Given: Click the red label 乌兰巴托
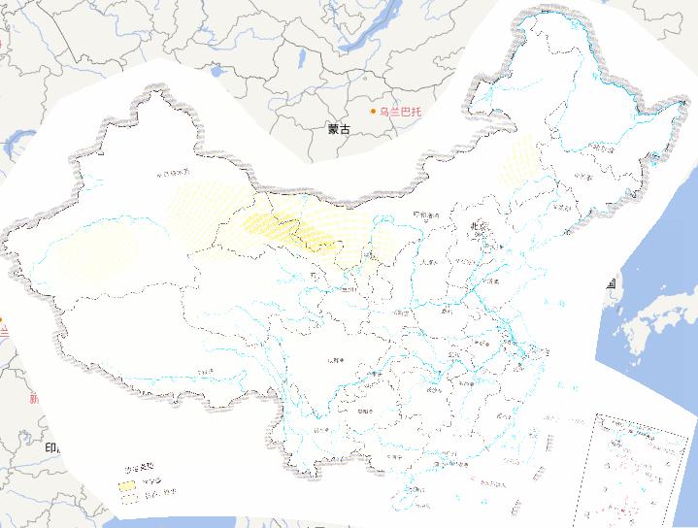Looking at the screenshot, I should pos(401,112).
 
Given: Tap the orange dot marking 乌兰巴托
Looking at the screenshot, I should pos(374,112).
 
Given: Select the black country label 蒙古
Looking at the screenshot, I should pos(339,128).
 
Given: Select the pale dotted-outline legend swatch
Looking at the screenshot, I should pos(128,494).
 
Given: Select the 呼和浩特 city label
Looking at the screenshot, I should pos(426,215).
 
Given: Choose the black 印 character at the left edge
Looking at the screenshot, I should pos(50,447).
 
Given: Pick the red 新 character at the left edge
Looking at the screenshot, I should pos(34,398).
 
